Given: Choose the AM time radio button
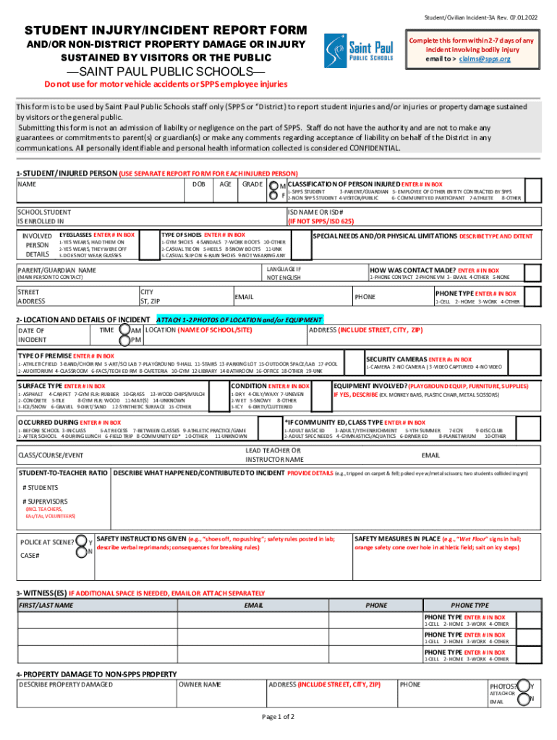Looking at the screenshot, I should pyautogui.click(x=135, y=330).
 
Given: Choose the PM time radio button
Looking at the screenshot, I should pyautogui.click(x=135, y=340).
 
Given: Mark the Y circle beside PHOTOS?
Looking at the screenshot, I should pyautogui.click(x=522, y=686).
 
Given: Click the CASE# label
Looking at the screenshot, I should pyautogui.click(x=30, y=555).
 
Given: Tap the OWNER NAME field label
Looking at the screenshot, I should pyautogui.click(x=200, y=684).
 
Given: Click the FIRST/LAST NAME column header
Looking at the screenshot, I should pyautogui.click(x=46, y=605).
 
